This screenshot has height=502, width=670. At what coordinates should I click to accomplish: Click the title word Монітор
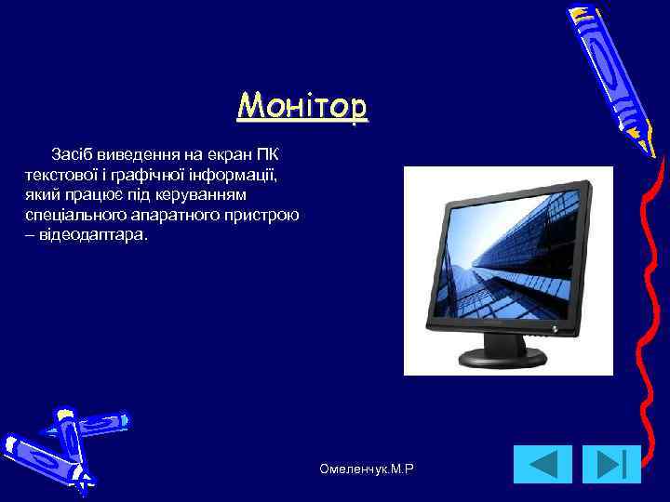[302, 107]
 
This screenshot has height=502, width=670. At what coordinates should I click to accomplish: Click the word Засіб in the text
[72, 152]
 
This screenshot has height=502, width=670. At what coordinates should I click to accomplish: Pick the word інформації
[234, 174]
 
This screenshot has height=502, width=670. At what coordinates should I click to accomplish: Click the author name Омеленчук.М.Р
[366, 471]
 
